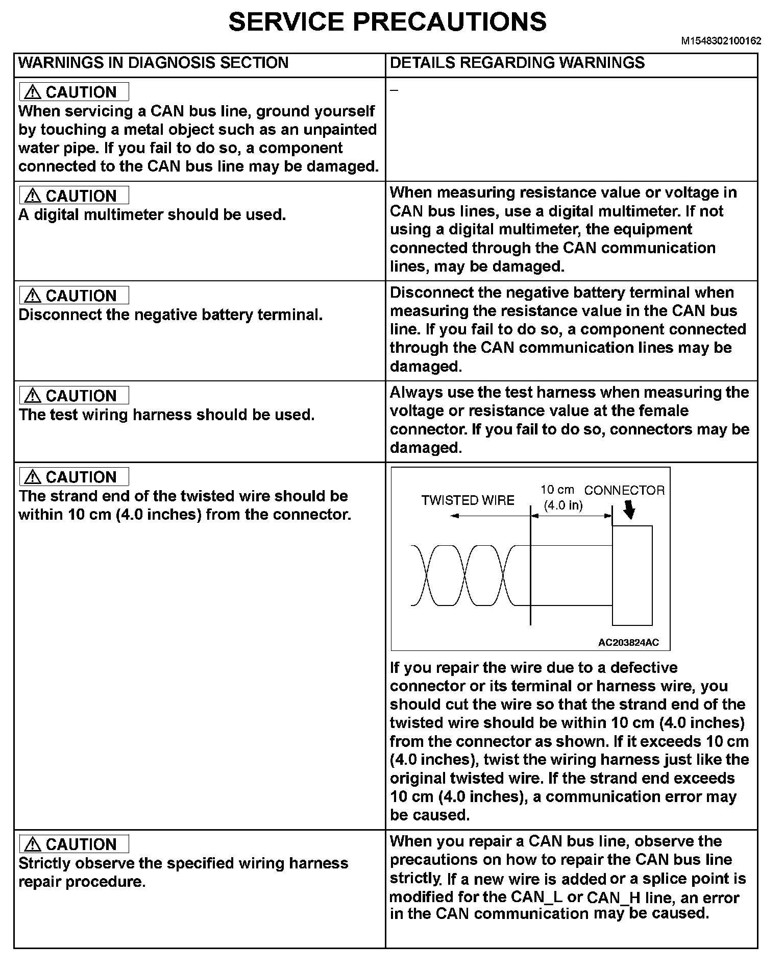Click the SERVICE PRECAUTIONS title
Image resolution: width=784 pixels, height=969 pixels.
(x=387, y=22)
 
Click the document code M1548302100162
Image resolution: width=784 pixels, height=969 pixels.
(x=721, y=41)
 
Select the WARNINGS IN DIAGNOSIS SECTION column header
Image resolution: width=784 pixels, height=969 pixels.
(x=153, y=63)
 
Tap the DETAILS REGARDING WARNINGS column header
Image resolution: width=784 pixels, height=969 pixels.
(x=517, y=63)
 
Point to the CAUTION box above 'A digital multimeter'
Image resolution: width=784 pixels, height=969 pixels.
(x=74, y=196)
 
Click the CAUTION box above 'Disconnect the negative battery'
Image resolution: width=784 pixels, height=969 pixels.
(x=74, y=296)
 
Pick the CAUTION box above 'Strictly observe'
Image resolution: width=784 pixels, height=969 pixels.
(x=74, y=844)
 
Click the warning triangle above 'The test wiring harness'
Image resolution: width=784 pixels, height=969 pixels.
(x=33, y=396)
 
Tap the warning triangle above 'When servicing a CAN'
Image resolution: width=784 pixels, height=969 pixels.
(x=33, y=92)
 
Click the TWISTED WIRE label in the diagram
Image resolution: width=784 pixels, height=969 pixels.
(x=468, y=500)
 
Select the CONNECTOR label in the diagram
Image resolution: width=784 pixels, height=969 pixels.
(x=624, y=491)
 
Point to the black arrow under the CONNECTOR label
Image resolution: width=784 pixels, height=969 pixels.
(x=630, y=510)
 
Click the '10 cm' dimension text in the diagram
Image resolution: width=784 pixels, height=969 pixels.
(x=557, y=490)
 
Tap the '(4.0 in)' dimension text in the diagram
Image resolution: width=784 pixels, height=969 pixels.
(x=563, y=505)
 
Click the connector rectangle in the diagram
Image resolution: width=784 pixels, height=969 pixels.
(x=632, y=575)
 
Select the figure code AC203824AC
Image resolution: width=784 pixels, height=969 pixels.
(x=628, y=643)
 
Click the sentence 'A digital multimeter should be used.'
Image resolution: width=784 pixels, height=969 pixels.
(x=152, y=215)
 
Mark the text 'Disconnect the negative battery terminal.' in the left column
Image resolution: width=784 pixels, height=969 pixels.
(x=170, y=315)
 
